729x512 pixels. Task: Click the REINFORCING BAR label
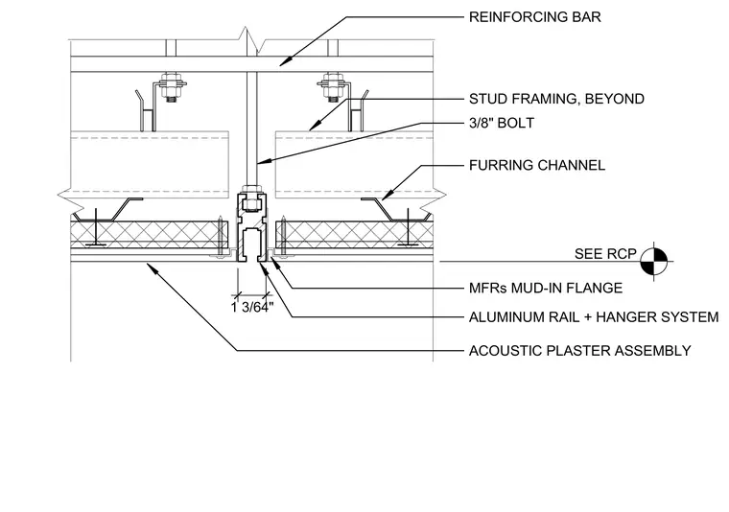[534, 17]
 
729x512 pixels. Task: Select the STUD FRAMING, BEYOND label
[556, 99]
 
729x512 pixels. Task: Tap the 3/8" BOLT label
[502, 123]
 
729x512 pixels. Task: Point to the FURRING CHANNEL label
[537, 166]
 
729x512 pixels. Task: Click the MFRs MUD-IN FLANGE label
[546, 288]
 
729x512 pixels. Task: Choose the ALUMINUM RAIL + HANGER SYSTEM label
[594, 317]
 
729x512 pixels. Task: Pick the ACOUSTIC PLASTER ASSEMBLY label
[579, 351]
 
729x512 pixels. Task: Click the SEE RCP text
[605, 254]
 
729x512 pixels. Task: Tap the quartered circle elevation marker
[654, 261]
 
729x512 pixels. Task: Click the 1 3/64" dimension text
[252, 308]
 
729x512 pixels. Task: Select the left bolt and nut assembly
[171, 87]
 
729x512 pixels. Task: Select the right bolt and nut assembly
[332, 87]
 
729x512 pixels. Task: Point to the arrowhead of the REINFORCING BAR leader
[285, 61]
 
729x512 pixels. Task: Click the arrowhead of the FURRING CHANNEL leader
[387, 196]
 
